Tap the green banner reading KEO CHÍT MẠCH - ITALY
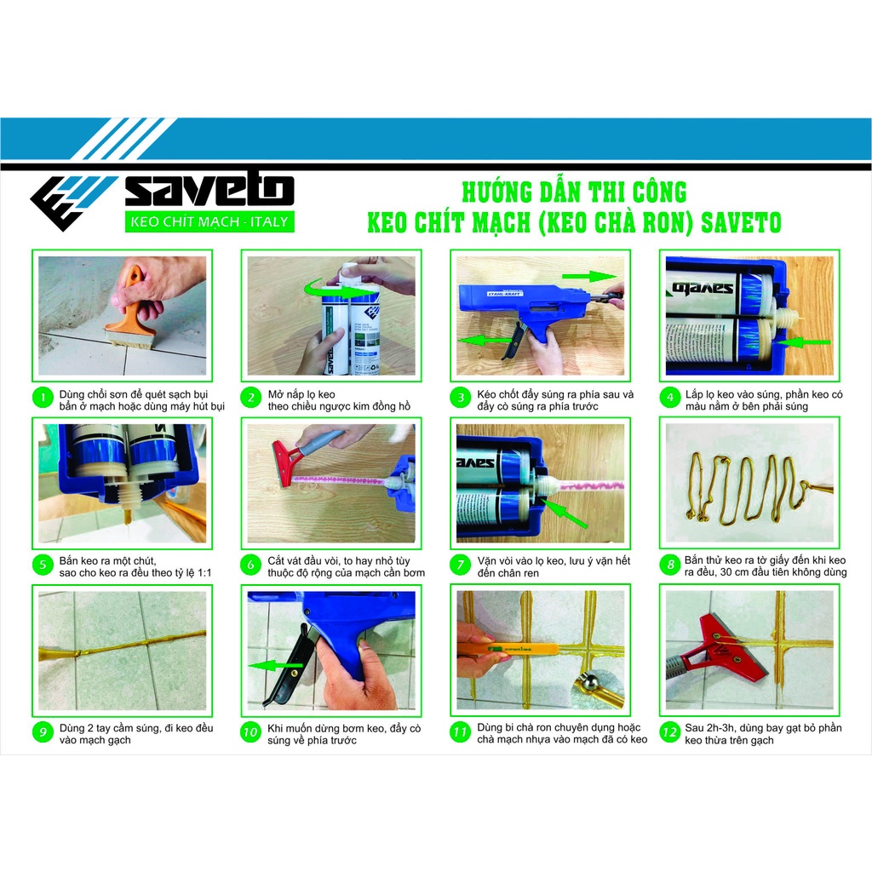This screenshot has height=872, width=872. click(209, 222)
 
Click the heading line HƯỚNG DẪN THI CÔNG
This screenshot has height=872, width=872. click(572, 191)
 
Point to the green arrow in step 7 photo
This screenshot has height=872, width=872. click(566, 513)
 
